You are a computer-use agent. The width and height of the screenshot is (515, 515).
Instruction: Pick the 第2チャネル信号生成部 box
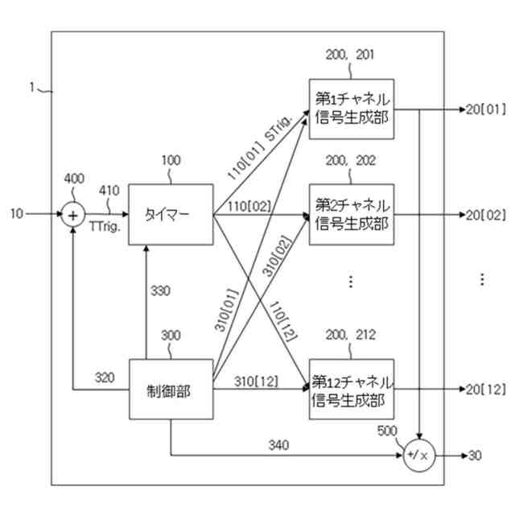(x=352, y=213)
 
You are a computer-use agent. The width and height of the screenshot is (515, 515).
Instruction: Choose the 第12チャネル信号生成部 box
(x=352, y=389)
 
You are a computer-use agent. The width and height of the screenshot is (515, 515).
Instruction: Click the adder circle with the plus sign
(x=74, y=215)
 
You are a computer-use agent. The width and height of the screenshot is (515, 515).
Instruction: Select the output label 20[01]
(x=485, y=109)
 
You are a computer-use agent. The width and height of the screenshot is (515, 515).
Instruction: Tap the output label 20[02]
(x=485, y=215)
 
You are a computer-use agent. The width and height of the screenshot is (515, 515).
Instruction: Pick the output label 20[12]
(x=485, y=389)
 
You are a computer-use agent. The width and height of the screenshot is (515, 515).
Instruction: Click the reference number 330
(x=161, y=292)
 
